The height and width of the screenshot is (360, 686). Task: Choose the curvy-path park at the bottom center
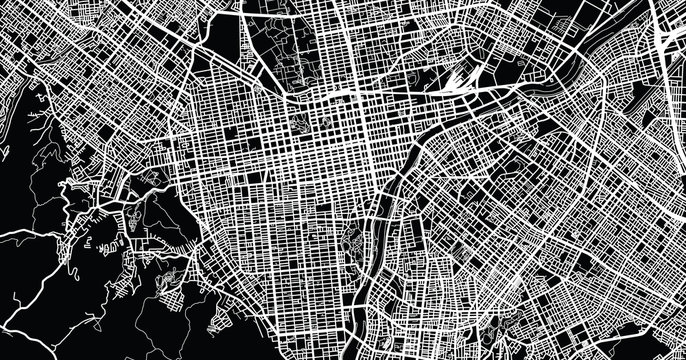pyautogui.click(x=355, y=240)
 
